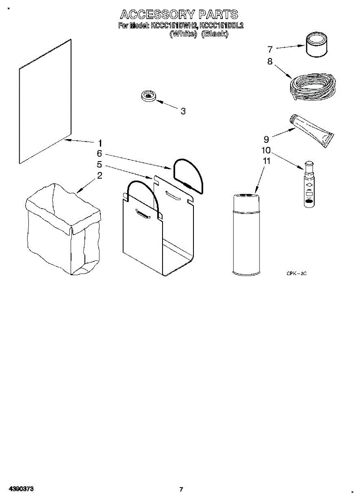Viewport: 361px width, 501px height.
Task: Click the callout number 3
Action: click(183, 111)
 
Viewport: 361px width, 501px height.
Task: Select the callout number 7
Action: click(270, 49)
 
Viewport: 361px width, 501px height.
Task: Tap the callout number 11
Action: click(267, 161)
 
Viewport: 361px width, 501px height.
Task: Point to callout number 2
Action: click(99, 175)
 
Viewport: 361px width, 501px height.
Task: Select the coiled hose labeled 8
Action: click(313, 88)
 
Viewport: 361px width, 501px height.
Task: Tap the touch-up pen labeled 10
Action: click(309, 184)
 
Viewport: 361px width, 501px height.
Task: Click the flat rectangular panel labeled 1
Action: click(45, 102)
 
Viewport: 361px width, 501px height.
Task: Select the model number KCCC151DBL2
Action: click(221, 26)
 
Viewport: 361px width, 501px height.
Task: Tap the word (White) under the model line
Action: click(183, 34)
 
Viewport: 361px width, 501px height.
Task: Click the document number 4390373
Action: click(20, 488)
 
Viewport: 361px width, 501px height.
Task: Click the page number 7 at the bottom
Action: click(181, 489)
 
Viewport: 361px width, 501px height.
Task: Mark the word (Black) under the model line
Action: click(215, 34)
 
